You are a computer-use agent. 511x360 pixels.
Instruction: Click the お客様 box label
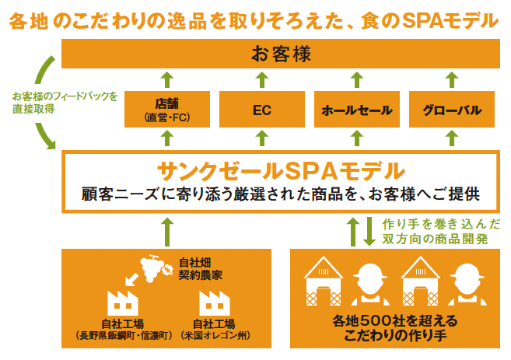click(x=281, y=54)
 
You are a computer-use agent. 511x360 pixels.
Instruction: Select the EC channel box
click(x=262, y=109)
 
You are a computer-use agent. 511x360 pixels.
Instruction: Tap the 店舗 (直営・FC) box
click(x=167, y=109)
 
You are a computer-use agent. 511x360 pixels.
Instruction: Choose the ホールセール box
click(x=357, y=109)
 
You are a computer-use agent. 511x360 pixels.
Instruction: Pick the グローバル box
click(x=452, y=109)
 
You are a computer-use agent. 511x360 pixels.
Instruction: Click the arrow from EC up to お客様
click(x=262, y=80)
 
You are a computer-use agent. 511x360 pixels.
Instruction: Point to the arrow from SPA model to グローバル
click(x=452, y=138)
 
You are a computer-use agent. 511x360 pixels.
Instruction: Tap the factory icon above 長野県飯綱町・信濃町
click(x=123, y=303)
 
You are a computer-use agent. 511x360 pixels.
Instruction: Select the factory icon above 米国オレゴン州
click(x=215, y=303)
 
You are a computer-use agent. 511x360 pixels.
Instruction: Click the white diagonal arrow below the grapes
click(x=131, y=279)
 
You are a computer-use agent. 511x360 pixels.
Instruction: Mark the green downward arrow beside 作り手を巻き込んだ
click(x=369, y=231)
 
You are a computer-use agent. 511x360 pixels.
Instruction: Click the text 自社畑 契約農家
click(x=200, y=269)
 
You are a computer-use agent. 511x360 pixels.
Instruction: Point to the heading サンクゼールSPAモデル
click(x=281, y=171)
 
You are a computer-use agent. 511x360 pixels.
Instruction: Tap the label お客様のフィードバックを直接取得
click(x=65, y=103)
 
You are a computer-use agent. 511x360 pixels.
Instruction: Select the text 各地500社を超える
click(x=395, y=321)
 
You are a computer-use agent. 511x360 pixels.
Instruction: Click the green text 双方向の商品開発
click(x=435, y=239)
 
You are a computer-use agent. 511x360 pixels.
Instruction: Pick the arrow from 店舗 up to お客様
click(x=167, y=80)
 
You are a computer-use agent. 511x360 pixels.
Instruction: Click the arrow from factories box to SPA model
click(x=167, y=232)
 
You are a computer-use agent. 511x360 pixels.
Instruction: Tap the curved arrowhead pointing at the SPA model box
click(x=49, y=143)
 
